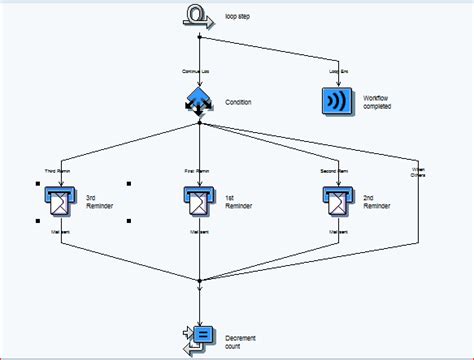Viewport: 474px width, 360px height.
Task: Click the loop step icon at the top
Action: click(x=198, y=14)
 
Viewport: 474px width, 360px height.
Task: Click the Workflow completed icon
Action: click(x=338, y=102)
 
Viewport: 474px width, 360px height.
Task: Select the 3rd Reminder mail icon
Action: click(x=61, y=203)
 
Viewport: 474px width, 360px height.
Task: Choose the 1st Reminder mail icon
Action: click(x=200, y=203)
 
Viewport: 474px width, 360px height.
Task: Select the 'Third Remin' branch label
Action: click(x=61, y=172)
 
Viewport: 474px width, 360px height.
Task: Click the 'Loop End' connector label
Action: click(x=339, y=71)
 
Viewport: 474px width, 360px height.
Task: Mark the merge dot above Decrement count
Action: click(x=200, y=280)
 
